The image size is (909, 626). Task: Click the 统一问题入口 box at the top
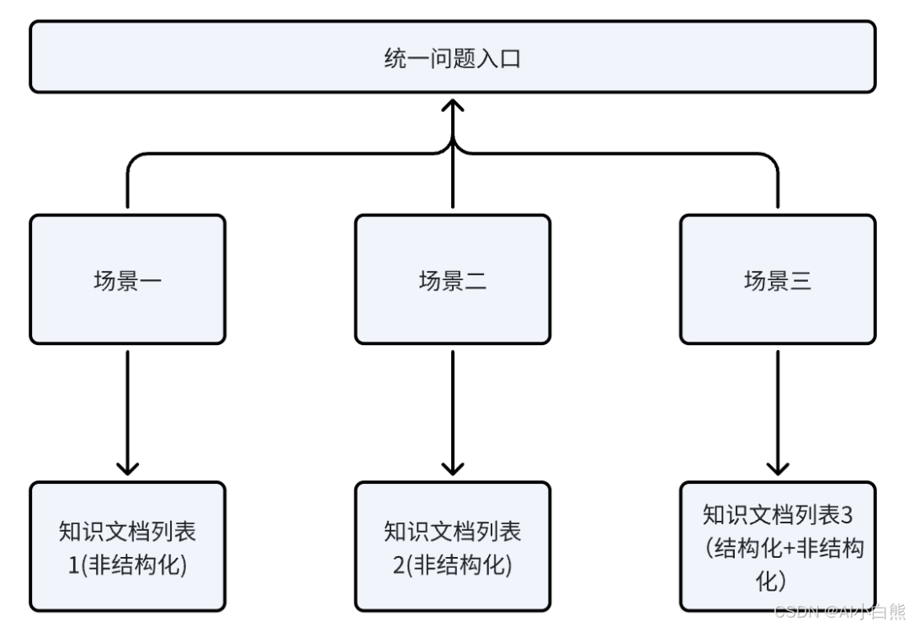click(453, 57)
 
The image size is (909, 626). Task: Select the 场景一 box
click(127, 279)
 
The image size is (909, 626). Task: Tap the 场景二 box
click(453, 279)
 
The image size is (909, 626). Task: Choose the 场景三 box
click(778, 279)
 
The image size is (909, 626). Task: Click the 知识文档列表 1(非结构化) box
click(127, 546)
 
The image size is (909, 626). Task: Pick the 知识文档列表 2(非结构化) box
click(453, 546)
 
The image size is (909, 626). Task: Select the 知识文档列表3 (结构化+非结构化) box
click(778, 546)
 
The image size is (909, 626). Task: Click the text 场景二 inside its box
click(453, 280)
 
